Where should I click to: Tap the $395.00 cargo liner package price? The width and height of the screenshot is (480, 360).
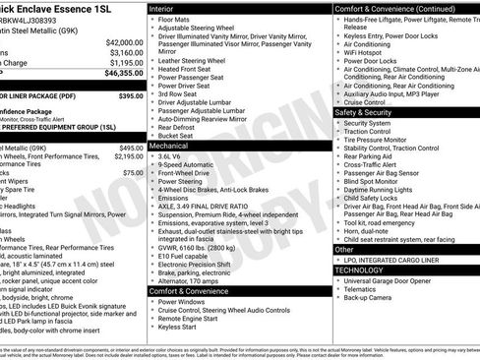tap(130, 96)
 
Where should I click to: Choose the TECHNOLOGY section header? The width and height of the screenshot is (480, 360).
tap(360, 269)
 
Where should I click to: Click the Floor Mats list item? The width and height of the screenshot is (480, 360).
tap(176, 18)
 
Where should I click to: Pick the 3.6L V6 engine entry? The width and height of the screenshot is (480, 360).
tap(173, 155)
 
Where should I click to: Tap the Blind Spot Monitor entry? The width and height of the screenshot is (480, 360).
tap(374, 182)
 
